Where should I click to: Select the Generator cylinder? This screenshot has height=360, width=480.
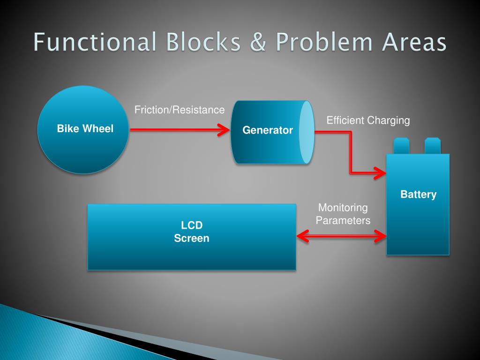click(x=267, y=145)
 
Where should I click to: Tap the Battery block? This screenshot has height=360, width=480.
click(x=418, y=220)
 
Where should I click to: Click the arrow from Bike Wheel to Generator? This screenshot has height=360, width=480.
click(x=178, y=130)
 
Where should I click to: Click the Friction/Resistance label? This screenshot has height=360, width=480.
click(x=180, y=110)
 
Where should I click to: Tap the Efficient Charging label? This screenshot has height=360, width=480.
click(x=368, y=120)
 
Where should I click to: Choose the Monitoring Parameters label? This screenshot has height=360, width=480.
click(x=343, y=214)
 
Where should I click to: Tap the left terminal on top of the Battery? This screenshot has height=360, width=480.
click(x=402, y=146)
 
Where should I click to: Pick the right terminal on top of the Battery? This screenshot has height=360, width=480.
click(x=432, y=146)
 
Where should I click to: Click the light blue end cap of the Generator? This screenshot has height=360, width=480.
click(x=306, y=132)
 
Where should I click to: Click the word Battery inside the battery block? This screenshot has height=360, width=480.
click(x=418, y=195)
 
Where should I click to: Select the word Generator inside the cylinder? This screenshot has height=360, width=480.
click(x=267, y=130)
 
